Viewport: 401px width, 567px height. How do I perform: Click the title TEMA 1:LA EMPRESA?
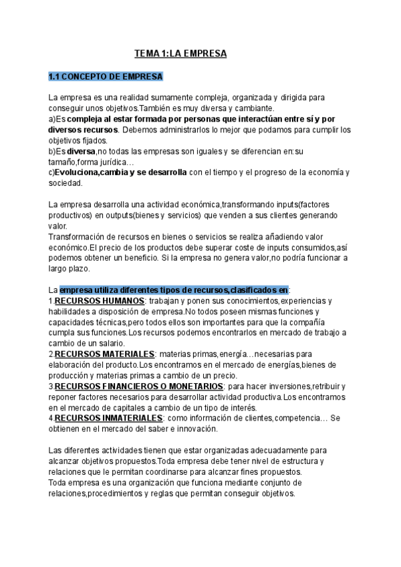click(180, 52)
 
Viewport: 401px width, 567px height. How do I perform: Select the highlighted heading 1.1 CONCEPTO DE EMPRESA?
click(105, 76)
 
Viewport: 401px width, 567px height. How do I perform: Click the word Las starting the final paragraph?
click(56, 451)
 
